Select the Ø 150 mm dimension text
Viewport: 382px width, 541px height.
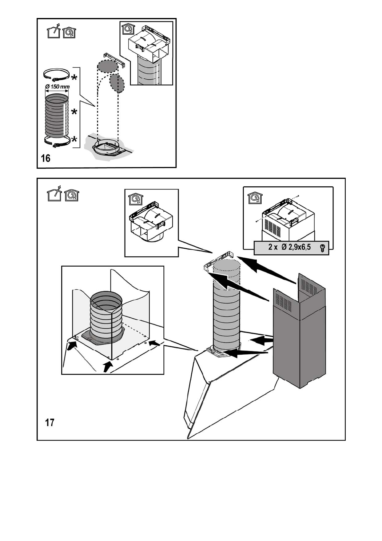pyautogui.click(x=57, y=86)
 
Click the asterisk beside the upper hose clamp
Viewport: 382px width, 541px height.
pyautogui.click(x=74, y=78)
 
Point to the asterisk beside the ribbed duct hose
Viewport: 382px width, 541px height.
pyautogui.click(x=74, y=112)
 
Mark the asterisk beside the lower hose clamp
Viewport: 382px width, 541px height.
pyautogui.click(x=74, y=140)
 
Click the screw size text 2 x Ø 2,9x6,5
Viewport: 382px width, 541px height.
pyautogui.click(x=289, y=247)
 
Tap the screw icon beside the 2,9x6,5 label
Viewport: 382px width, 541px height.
pyautogui.click(x=322, y=248)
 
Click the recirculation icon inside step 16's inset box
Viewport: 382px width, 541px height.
pyautogui.click(x=127, y=28)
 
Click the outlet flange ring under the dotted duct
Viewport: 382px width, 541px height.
pyautogui.click(x=107, y=148)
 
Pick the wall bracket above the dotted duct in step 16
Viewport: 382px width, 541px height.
pyautogui.click(x=114, y=60)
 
